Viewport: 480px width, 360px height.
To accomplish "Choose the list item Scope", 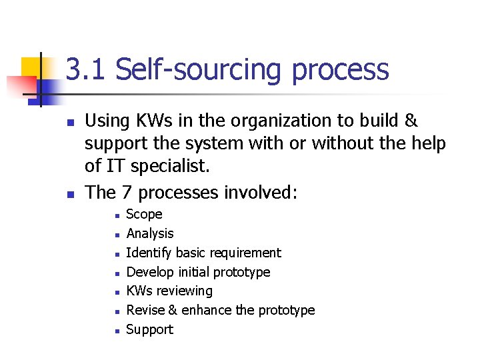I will click(144, 214).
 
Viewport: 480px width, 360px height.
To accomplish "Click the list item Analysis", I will click(150, 233).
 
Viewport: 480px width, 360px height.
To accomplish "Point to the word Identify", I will click(149, 253).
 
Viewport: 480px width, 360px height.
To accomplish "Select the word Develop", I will click(150, 272).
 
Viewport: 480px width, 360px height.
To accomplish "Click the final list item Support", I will click(150, 329).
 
